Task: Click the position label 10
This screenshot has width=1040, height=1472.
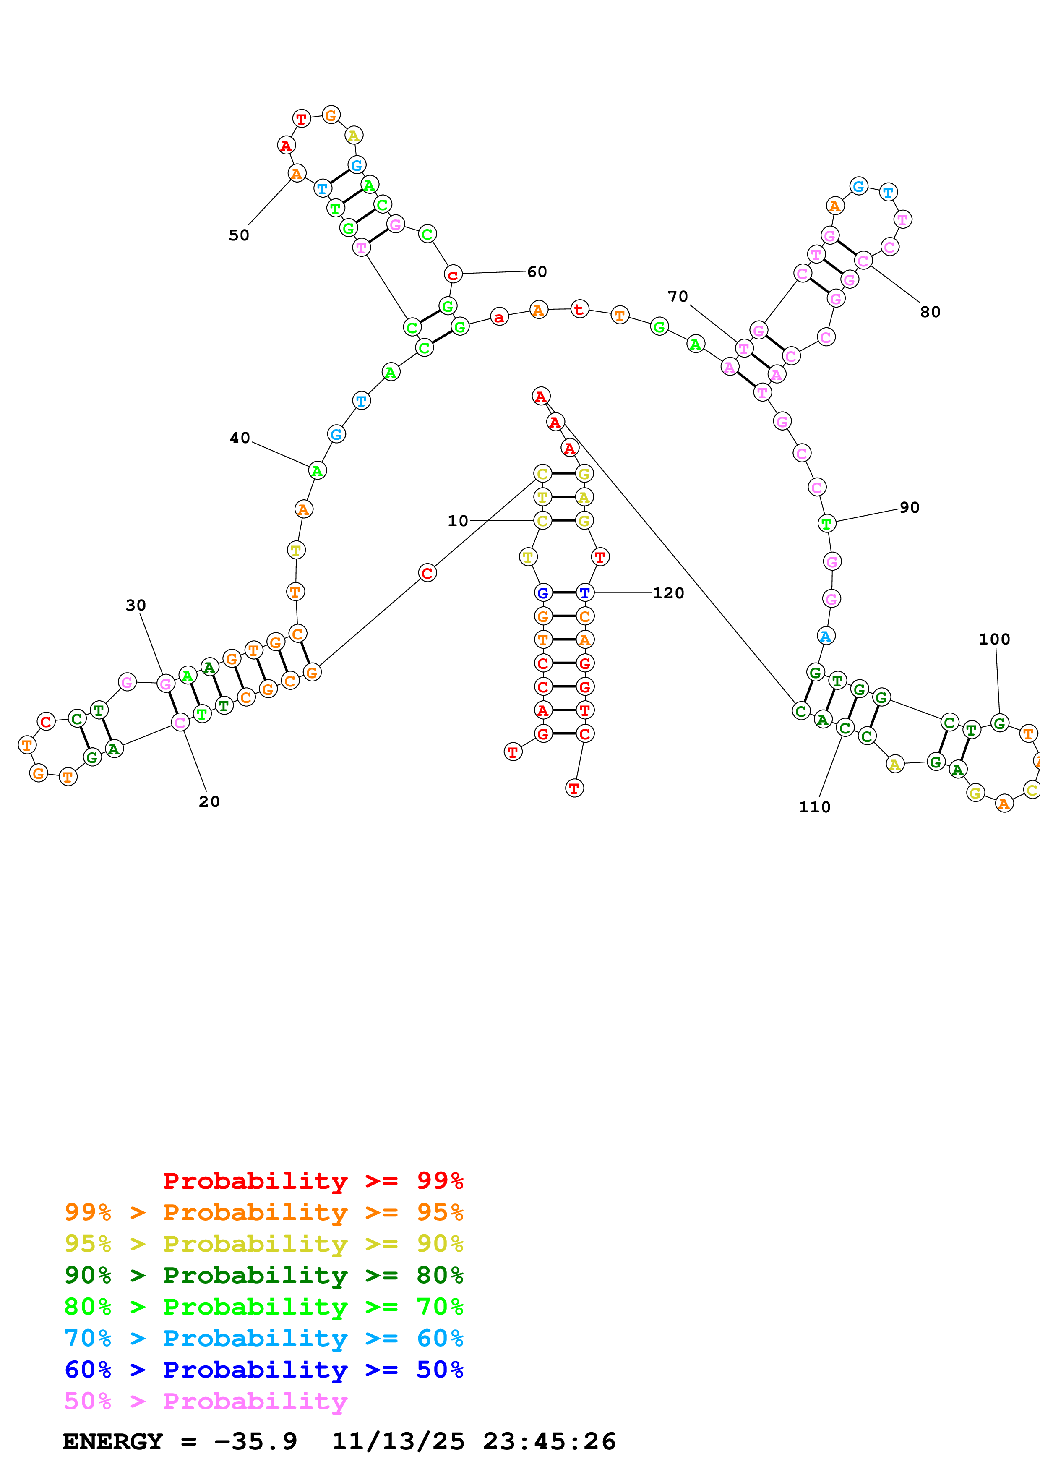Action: [x=458, y=521]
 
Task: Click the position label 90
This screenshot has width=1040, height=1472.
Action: [x=909, y=507]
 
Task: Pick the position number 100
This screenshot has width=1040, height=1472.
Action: [x=994, y=639]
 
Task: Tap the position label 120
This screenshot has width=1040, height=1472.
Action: [x=668, y=593]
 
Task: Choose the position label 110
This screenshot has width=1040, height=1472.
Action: [x=814, y=807]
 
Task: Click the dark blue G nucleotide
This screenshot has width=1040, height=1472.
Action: [x=543, y=592]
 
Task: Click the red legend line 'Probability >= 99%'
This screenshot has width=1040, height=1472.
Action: [x=313, y=1181]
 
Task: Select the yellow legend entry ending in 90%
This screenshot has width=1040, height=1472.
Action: [x=263, y=1244]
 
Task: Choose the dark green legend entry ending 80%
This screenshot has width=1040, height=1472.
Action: [x=263, y=1275]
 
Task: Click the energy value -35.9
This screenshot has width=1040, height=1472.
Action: [x=255, y=1441]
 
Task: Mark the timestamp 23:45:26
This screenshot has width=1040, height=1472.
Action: [x=549, y=1441]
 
